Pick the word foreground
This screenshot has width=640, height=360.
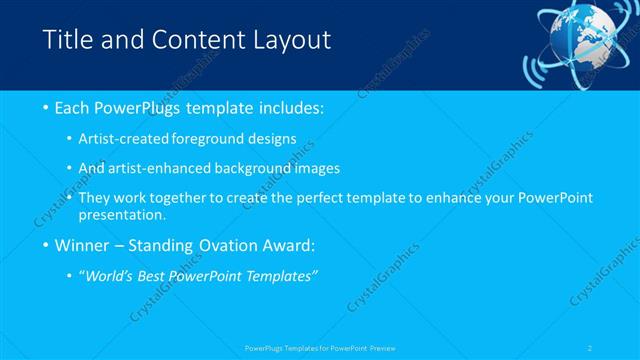[219, 141]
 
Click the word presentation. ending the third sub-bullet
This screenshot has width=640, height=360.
[127, 214]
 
